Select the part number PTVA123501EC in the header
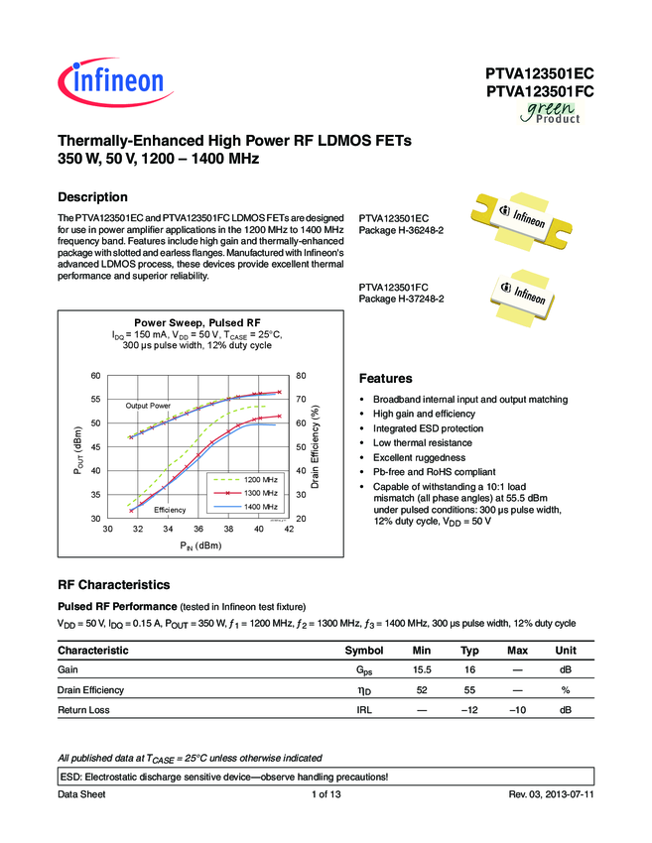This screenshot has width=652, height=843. click(x=540, y=73)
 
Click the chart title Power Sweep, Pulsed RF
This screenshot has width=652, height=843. click(x=196, y=322)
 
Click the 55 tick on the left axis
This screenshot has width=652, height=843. click(x=95, y=399)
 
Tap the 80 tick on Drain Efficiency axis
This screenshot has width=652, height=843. click(x=300, y=375)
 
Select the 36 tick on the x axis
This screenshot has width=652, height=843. click(x=198, y=530)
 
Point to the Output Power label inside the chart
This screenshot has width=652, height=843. click(x=148, y=407)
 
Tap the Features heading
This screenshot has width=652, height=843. click(x=384, y=379)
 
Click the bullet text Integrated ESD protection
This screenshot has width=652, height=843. click(x=428, y=428)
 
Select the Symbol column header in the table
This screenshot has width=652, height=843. click(x=363, y=651)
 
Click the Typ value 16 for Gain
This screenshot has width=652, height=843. click(x=469, y=670)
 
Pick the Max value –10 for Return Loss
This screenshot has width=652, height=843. click(x=517, y=710)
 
